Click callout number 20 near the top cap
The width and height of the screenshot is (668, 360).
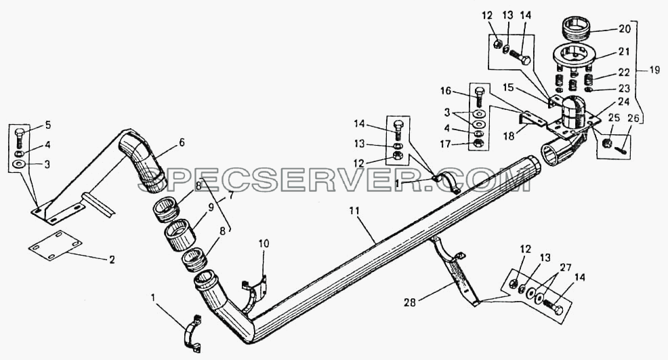[x=624, y=28]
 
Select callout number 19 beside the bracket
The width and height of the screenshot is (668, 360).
[x=654, y=69]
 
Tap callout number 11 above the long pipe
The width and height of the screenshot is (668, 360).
[x=354, y=211]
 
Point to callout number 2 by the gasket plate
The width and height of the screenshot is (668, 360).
[x=112, y=260]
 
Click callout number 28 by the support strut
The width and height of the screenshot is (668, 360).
[x=410, y=302]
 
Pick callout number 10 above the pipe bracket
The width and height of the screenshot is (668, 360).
[x=264, y=243]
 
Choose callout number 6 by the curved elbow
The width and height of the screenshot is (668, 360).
[x=182, y=142]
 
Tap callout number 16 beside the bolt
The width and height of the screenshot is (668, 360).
[x=446, y=92]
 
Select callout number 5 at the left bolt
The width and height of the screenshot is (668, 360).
[x=47, y=125]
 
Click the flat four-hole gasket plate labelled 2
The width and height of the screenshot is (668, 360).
[x=56, y=245]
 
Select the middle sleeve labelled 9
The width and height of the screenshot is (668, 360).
[x=180, y=235]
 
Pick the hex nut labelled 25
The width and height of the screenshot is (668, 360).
[x=608, y=142]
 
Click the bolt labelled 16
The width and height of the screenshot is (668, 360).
[x=479, y=97]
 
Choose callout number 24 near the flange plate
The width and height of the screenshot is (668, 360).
[x=624, y=102]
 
